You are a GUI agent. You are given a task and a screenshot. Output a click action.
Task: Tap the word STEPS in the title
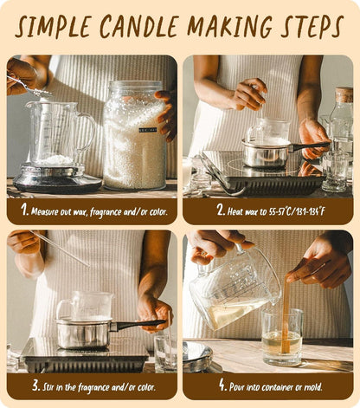(312, 26)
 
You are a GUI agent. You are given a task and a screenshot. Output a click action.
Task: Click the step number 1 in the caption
(24, 210)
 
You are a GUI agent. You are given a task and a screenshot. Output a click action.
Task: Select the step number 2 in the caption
(221, 210)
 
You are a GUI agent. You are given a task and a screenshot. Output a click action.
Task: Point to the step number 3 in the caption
(35, 385)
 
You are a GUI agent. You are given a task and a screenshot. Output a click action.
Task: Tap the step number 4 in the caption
(222, 385)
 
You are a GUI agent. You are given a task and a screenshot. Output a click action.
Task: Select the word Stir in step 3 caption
(48, 387)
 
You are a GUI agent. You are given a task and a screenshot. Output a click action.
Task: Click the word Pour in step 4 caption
(236, 387)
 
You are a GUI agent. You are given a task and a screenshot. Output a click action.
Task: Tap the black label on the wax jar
(148, 130)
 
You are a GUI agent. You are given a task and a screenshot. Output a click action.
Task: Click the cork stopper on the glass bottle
(344, 94)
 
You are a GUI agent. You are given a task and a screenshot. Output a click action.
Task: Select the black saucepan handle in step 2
(309, 146)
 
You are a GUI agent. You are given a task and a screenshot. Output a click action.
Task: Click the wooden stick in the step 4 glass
(286, 314)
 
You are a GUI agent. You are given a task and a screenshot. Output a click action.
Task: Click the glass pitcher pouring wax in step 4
(235, 288)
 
